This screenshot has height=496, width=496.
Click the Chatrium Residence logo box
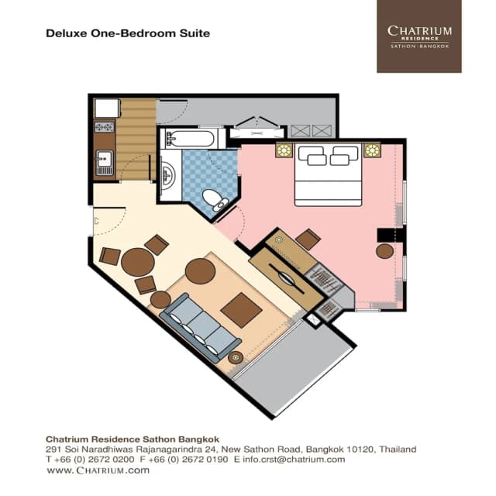point(418,36)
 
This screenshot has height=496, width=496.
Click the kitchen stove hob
point(104,126)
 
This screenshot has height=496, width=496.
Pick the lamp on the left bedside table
point(284,150)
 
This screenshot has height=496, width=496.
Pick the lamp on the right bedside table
point(372,150)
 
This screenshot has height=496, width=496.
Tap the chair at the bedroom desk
point(308,239)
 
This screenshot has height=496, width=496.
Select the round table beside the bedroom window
point(385,251)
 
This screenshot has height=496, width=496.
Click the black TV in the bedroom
point(385,235)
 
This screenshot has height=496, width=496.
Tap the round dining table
point(137,262)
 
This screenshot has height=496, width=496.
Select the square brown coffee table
point(241,310)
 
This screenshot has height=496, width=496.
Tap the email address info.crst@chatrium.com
point(294,460)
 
